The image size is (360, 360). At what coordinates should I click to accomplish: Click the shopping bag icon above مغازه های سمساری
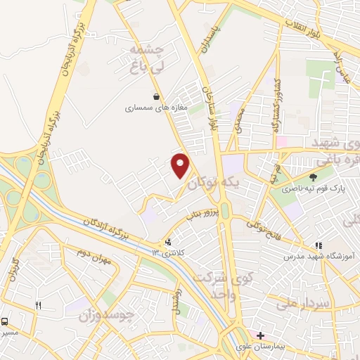(x=155, y=97)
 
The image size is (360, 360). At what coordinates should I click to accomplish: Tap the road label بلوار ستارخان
(x=210, y=108)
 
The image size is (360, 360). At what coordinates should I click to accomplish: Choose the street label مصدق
(x=240, y=121)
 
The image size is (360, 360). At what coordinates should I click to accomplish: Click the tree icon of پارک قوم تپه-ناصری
(x=313, y=177)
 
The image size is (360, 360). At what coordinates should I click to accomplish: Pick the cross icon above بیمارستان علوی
(x=261, y=335)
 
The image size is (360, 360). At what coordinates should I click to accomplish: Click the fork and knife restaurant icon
(x=39, y=305)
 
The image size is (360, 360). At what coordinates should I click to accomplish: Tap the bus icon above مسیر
(x=5, y=321)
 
